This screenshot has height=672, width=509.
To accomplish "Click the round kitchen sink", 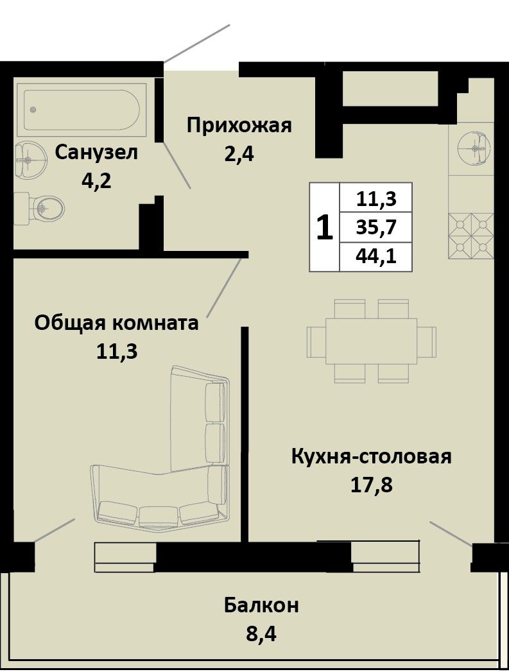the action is click(474, 148).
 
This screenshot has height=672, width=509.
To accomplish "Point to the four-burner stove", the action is click(471, 236).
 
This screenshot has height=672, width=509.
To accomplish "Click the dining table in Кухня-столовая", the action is click(372, 341).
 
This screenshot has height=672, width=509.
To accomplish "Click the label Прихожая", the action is click(239, 126).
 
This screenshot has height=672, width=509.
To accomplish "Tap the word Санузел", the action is click(96, 153).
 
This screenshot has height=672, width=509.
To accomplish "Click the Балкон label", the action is click(261, 606).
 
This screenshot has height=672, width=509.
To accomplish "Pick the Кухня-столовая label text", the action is click(372, 457).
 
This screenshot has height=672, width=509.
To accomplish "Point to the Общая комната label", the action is click(117, 323).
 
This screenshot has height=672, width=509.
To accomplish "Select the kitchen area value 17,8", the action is click(372, 485).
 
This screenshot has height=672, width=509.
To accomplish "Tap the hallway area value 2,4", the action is click(239, 154).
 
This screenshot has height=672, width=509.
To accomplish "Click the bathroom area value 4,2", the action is click(96, 181).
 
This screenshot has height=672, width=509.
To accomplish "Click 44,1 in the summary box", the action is click(375, 257).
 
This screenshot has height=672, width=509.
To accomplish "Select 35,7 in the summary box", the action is click(375, 227).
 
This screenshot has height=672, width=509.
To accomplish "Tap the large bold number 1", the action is click(325, 228).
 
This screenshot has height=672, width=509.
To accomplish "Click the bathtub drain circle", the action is click(33, 110).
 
